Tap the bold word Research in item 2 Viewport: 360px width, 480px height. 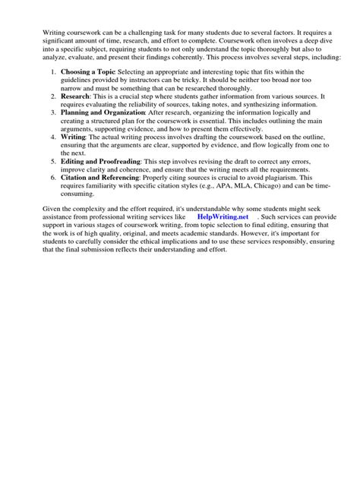(75, 96)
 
